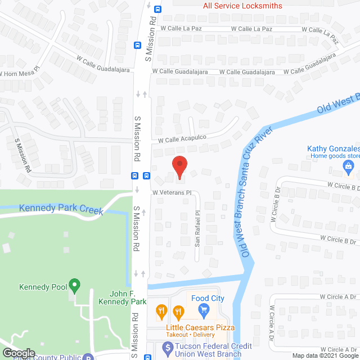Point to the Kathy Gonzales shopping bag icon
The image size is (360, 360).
[x=348, y=166]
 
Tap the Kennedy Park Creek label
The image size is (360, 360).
[x=61, y=209]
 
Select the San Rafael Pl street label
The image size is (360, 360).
[x=197, y=229]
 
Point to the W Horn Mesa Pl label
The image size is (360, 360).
[x=20, y=74]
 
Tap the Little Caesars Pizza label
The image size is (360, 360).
[x=200, y=327]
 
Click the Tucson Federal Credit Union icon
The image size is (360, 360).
[x=167, y=348]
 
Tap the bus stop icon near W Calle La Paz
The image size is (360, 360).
[x=138, y=46]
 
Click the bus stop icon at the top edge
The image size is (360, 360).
[x=158, y=8]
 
